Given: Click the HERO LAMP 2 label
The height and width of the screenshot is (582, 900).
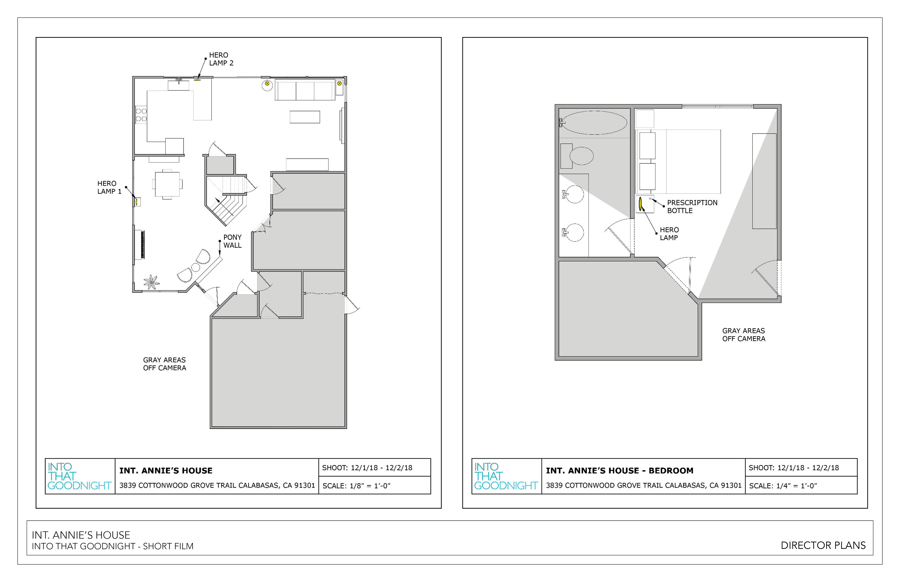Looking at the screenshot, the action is click(221, 59).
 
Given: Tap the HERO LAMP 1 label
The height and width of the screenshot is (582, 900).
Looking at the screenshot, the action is click(109, 187).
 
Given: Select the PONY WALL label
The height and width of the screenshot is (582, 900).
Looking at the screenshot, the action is click(232, 241).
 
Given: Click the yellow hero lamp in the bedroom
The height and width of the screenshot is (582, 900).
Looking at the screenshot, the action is click(640, 204).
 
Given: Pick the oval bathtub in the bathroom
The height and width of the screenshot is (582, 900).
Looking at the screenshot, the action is click(594, 122).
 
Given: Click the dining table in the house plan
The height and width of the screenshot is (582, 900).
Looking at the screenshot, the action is click(167, 184).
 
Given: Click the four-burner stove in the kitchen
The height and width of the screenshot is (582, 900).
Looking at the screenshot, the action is click(141, 115).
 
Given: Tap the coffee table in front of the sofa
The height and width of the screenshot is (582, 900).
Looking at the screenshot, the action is click(305, 117).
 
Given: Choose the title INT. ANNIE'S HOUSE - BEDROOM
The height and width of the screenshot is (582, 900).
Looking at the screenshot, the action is click(619, 471).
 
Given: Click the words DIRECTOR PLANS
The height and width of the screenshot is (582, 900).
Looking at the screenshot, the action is click(823, 545).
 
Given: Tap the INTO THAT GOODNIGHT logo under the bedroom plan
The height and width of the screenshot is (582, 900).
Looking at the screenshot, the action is click(506, 476).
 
